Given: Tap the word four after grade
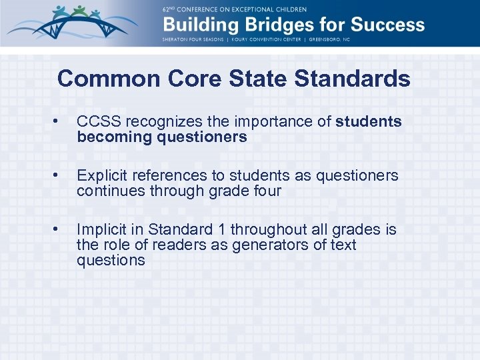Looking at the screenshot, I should (265, 191).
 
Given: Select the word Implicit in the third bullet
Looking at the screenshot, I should (102, 230).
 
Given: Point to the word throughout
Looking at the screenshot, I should (253, 230).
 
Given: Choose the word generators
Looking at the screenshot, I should (263, 245).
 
